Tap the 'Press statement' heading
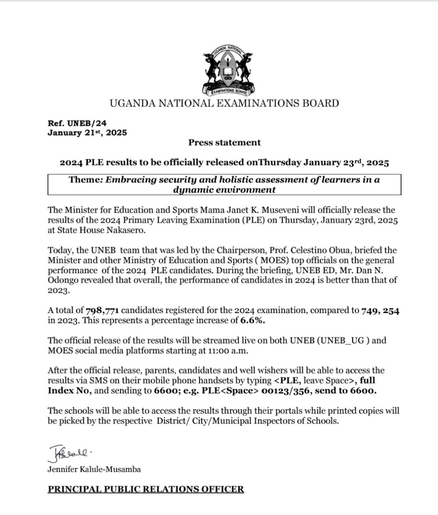(x=224, y=143)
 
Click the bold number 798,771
(x=103, y=311)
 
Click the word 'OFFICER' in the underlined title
(x=223, y=489)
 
